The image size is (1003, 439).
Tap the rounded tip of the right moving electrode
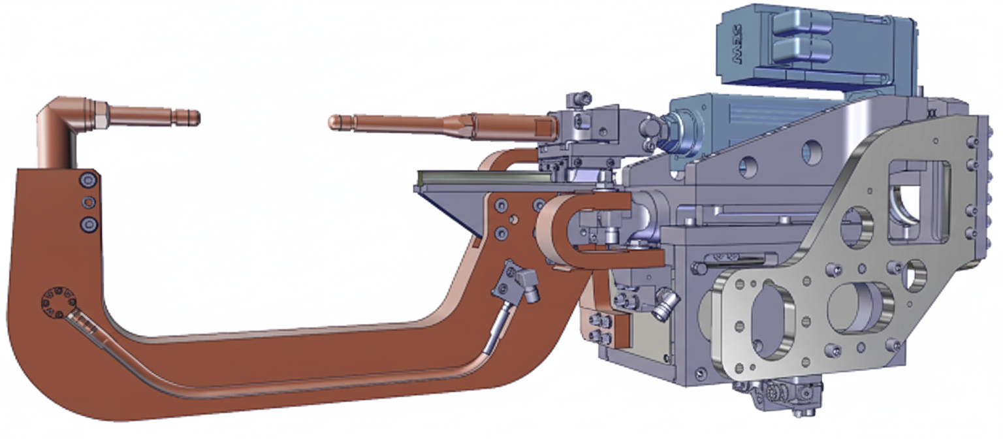click(333, 122)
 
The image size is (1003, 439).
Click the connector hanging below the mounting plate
click(777, 395)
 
